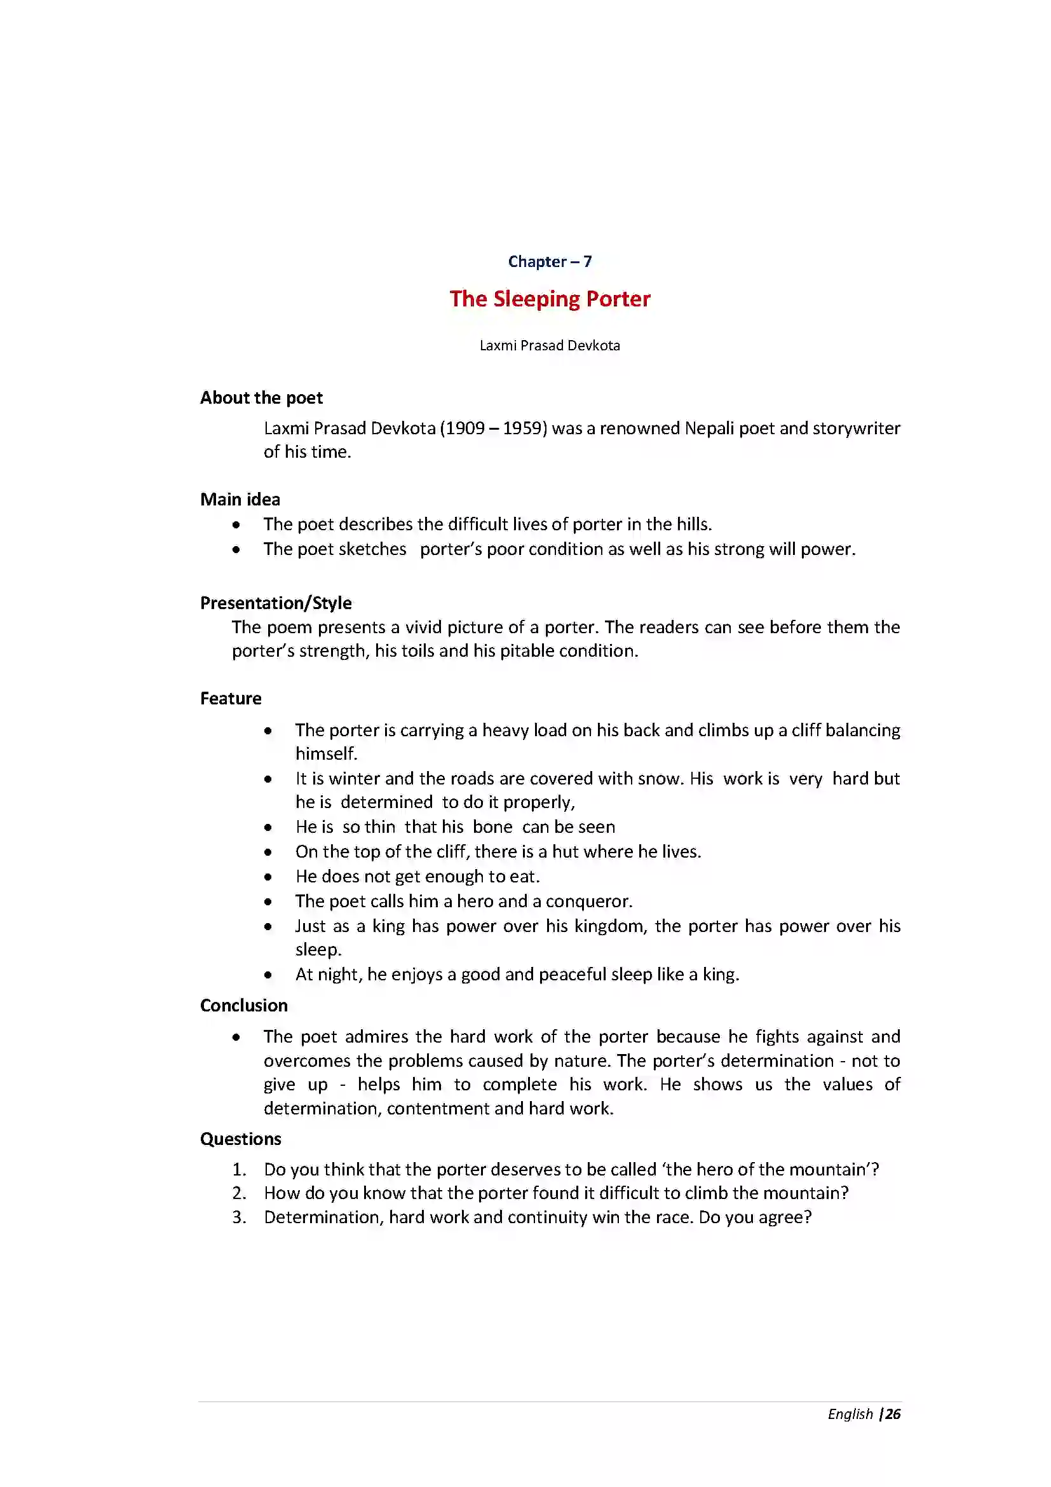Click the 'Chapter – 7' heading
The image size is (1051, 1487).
pyautogui.click(x=550, y=262)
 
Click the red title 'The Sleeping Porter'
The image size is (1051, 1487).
pyautogui.click(x=550, y=299)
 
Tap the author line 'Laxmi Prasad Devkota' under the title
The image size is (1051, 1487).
pyautogui.click(x=550, y=346)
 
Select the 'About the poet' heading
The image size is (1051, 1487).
pyautogui.click(x=261, y=397)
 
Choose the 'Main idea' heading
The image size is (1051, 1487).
pyautogui.click(x=240, y=499)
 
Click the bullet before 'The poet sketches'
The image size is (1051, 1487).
pyautogui.click(x=236, y=550)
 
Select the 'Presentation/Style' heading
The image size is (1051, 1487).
pyautogui.click(x=276, y=603)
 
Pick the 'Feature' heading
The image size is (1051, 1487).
pyautogui.click(x=231, y=699)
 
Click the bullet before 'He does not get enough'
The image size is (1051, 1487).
pyautogui.click(x=268, y=877)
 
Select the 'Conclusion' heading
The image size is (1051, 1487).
pyautogui.click(x=243, y=1005)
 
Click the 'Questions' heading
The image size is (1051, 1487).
pyautogui.click(x=240, y=1139)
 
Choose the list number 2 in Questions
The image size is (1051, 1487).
pyautogui.click(x=239, y=1193)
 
